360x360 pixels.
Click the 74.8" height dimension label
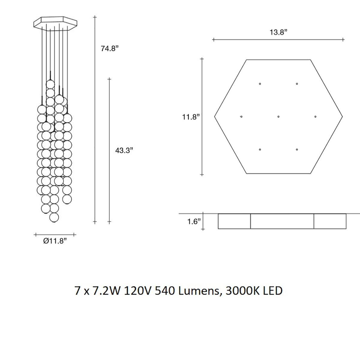[110, 49]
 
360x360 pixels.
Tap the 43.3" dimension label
[124, 150]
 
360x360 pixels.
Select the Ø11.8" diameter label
[55, 241]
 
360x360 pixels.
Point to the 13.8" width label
[278, 32]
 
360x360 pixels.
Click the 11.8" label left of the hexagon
[191, 117]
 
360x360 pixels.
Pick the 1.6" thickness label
[194, 222]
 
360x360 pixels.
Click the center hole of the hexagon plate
[278, 117]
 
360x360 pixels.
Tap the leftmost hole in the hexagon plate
[241, 117]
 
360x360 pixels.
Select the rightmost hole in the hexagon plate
[315, 117]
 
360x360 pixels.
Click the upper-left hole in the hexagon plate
[260, 84]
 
